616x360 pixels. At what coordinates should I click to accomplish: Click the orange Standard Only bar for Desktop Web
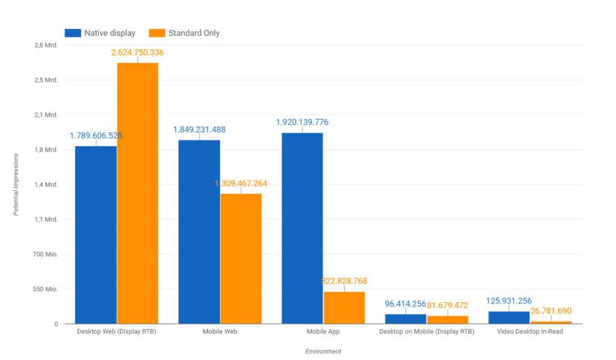coord(138,193)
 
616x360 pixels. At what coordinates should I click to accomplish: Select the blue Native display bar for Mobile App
coord(302,228)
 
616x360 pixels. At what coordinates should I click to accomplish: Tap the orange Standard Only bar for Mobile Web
coord(241,258)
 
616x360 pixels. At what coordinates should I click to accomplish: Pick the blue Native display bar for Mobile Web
coord(199,232)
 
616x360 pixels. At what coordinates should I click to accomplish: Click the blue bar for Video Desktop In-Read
coord(508,317)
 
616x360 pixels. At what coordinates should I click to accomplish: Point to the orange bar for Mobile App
coord(344,308)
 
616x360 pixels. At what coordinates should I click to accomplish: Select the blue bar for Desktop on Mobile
coord(405,319)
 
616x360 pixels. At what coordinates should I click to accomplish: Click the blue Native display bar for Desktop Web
coord(96,235)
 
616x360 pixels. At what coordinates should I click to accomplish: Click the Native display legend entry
coord(100,33)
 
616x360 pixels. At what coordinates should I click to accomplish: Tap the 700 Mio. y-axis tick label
coord(46,254)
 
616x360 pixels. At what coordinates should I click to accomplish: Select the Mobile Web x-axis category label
coord(220,332)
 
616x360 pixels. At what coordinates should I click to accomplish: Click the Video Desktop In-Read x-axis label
coord(530,332)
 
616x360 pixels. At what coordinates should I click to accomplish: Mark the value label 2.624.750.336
coord(138,52)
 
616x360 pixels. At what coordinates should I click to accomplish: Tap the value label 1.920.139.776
coord(302,122)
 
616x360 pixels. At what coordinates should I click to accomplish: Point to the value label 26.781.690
coord(550,311)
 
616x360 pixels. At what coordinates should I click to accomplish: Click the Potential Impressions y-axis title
coord(17,184)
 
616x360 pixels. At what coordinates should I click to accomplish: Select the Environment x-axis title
coord(323,351)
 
